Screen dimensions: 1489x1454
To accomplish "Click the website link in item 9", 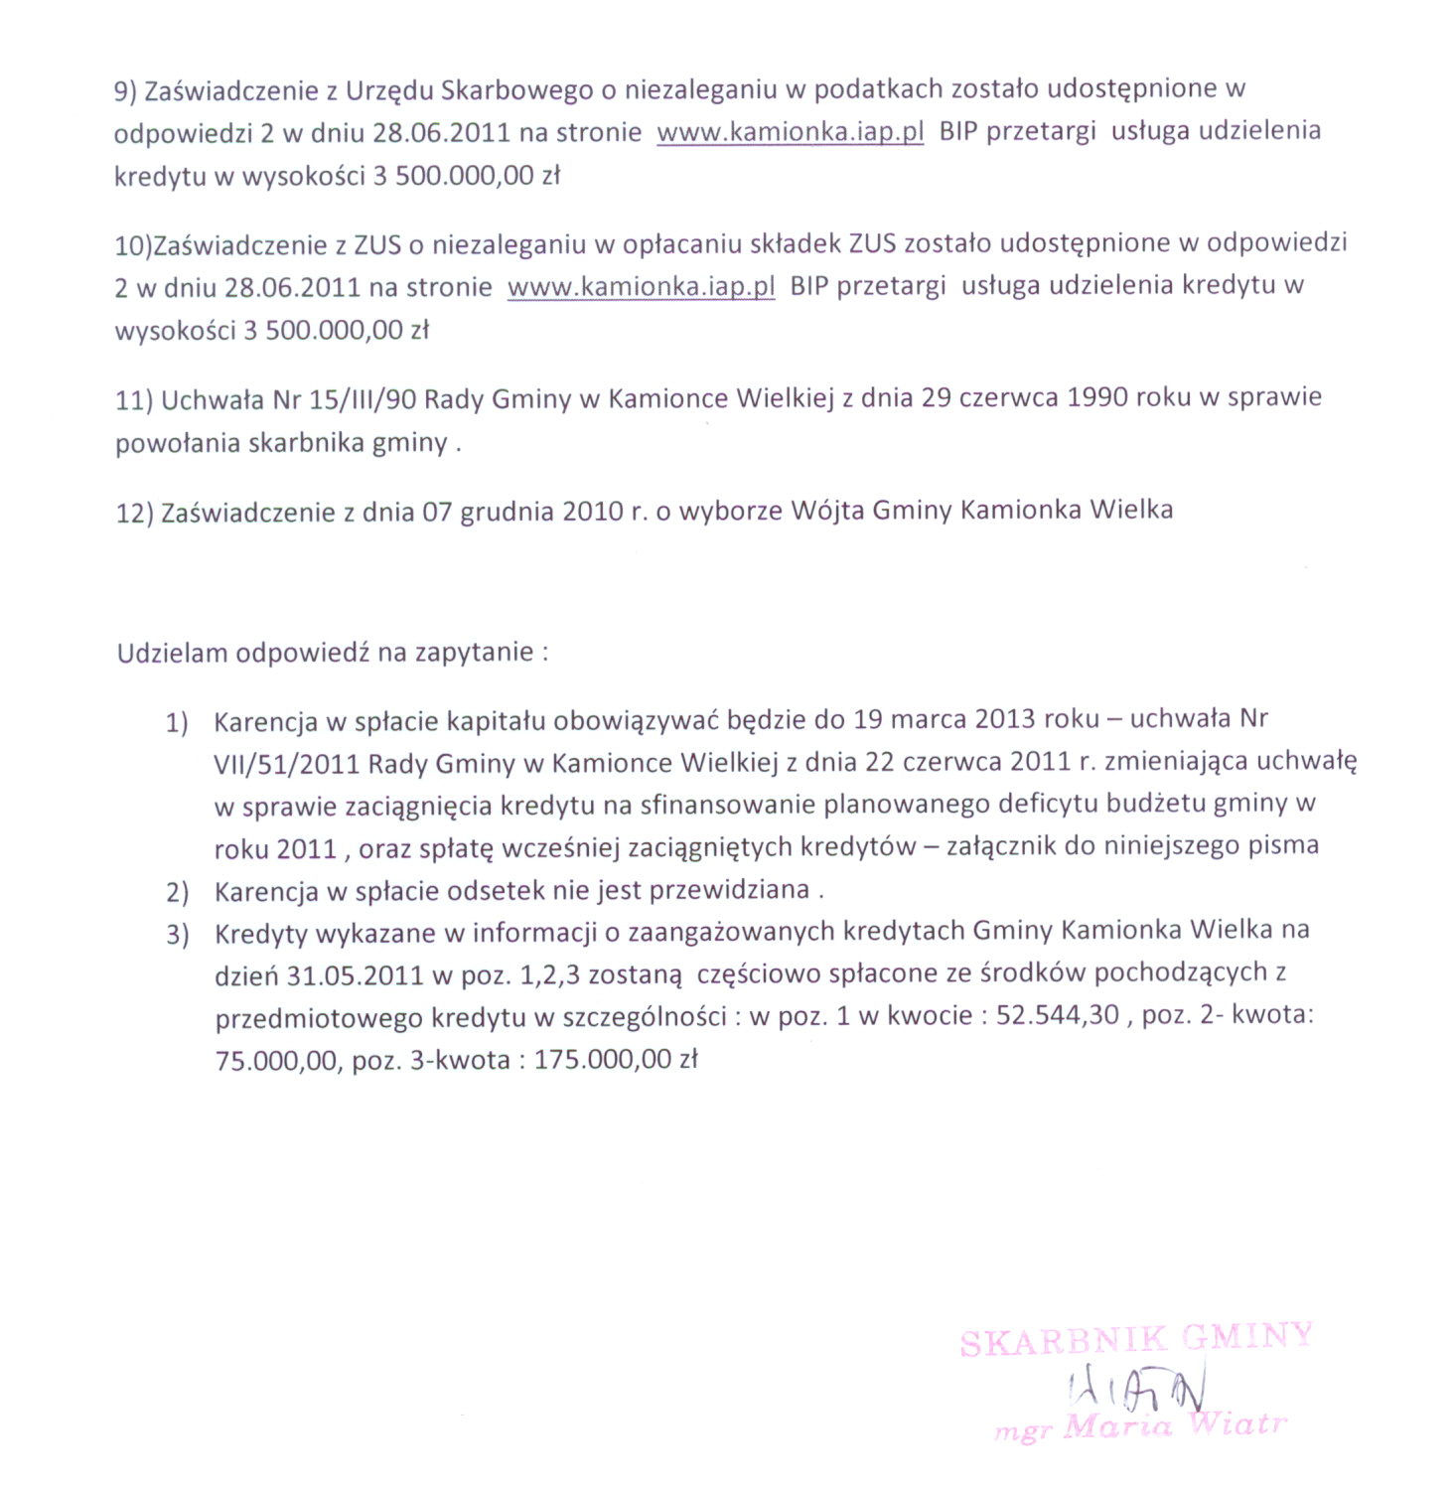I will tap(791, 133).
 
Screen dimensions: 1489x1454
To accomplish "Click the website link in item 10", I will tap(641, 288).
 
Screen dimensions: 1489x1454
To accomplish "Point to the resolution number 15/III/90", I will tap(363, 399).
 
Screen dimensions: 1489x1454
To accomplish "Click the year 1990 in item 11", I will tap(1096, 397).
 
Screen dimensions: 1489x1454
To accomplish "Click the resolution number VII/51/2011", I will tap(286, 763).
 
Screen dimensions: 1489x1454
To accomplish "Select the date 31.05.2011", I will tap(356, 974).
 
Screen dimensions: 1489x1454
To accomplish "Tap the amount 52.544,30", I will tap(1058, 1016).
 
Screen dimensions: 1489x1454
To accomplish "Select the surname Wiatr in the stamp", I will tap(1238, 1424).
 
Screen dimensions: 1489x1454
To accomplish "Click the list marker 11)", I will tap(134, 400).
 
